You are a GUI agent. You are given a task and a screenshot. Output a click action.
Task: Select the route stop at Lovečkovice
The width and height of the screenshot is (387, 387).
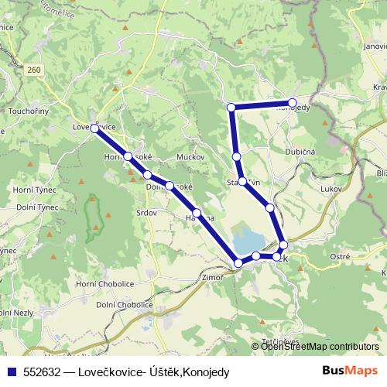coord(94,128)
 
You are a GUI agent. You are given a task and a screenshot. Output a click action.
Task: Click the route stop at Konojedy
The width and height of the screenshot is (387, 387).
coord(293,102)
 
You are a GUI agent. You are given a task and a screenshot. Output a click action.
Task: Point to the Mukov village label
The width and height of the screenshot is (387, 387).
coord(190,157)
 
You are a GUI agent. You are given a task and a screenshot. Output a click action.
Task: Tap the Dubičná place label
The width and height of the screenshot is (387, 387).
coord(300,152)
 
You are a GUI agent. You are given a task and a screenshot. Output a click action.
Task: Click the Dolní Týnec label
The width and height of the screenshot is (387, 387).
coord(29,208)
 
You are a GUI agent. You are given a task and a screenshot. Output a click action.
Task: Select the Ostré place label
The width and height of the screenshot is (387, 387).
coord(341,255)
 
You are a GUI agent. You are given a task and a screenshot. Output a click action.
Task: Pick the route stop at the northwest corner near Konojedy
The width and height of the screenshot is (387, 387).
coord(231,106)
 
